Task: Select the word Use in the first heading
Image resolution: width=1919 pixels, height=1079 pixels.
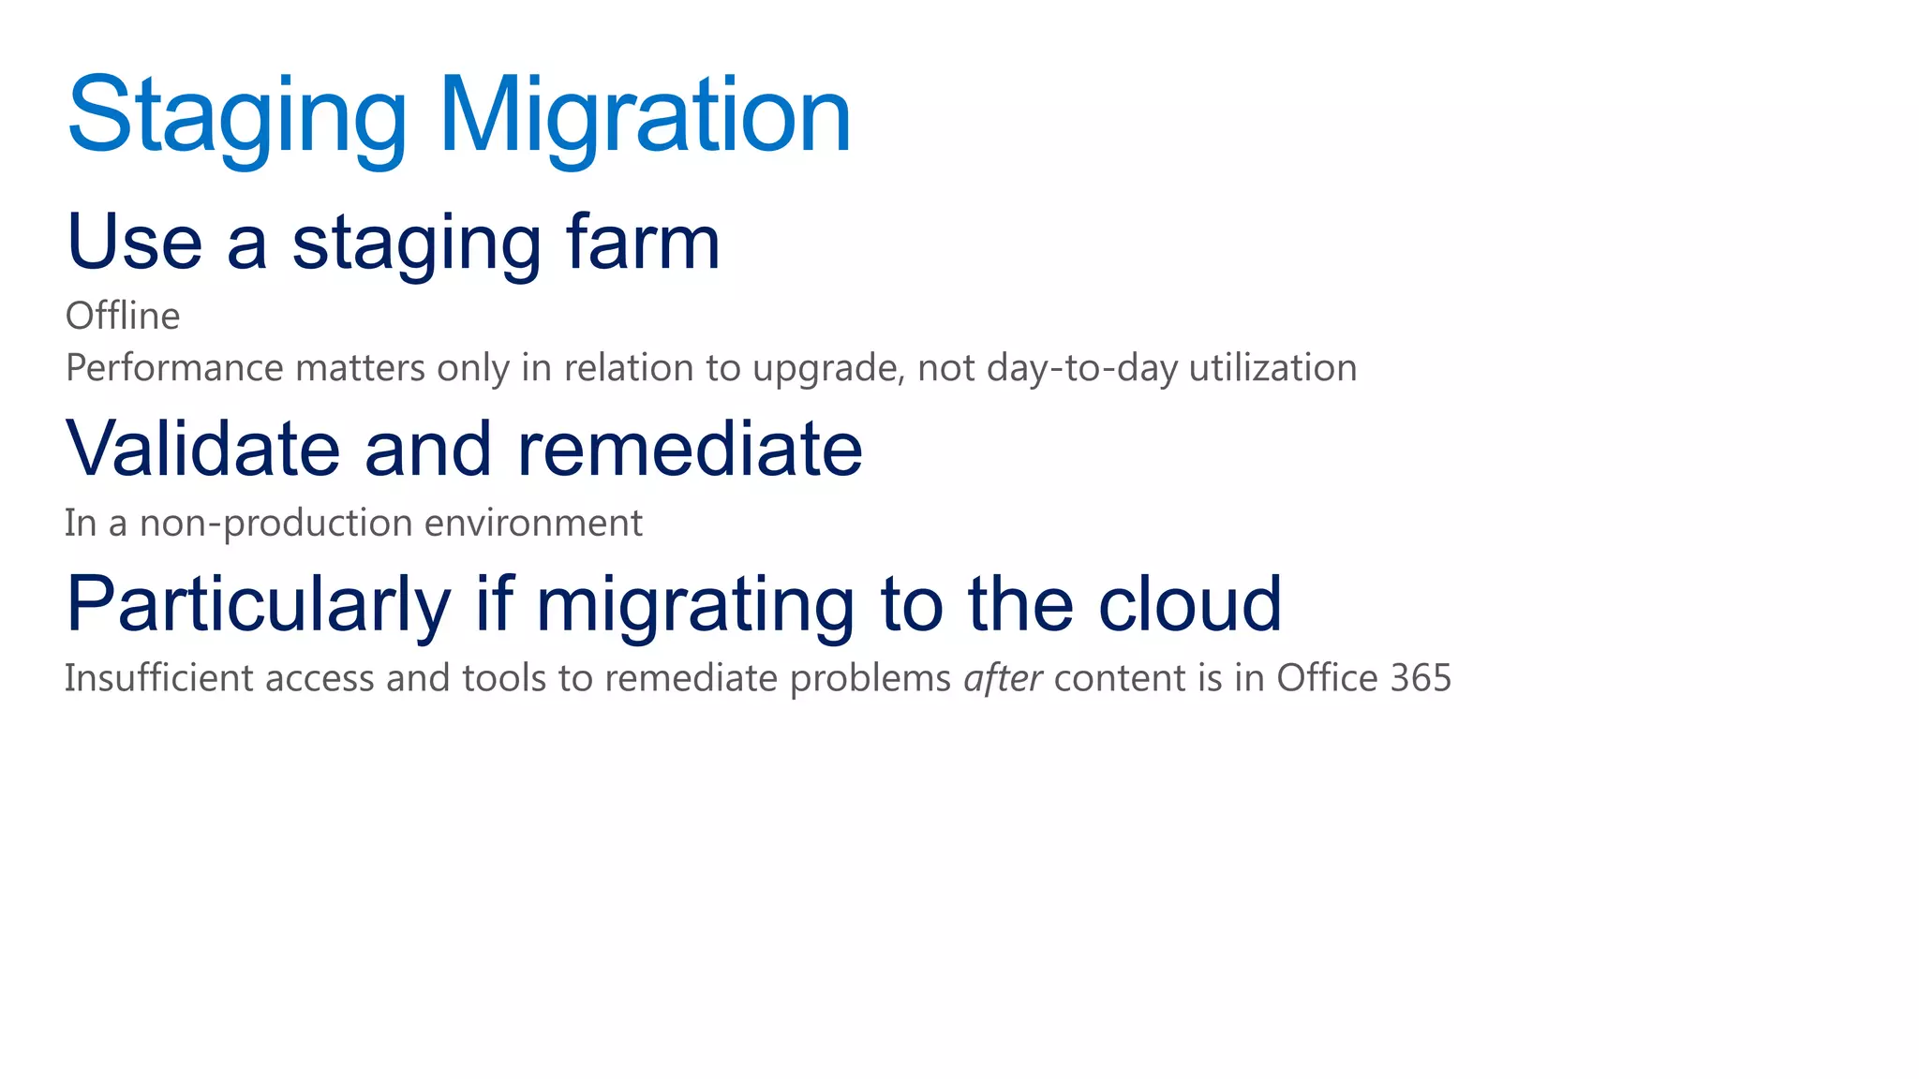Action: tap(135, 242)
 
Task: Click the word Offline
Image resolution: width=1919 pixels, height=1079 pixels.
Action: tap(123, 317)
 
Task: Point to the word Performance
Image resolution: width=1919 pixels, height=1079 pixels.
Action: tap(174, 368)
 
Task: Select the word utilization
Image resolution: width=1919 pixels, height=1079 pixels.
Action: tap(1272, 368)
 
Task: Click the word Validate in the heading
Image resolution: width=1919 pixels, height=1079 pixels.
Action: tap(202, 449)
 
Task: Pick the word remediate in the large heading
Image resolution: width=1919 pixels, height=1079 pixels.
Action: tap(690, 449)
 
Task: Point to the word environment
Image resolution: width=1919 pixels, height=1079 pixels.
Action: tap(533, 523)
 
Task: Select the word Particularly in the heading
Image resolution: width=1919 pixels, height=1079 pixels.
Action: tap(259, 604)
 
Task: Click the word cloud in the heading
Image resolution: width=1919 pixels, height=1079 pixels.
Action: tap(1189, 604)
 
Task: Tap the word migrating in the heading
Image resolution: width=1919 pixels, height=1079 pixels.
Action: tap(694, 604)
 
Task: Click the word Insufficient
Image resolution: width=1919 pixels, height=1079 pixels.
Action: tap(158, 678)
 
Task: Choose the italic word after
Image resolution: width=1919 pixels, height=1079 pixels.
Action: tap(1003, 678)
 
